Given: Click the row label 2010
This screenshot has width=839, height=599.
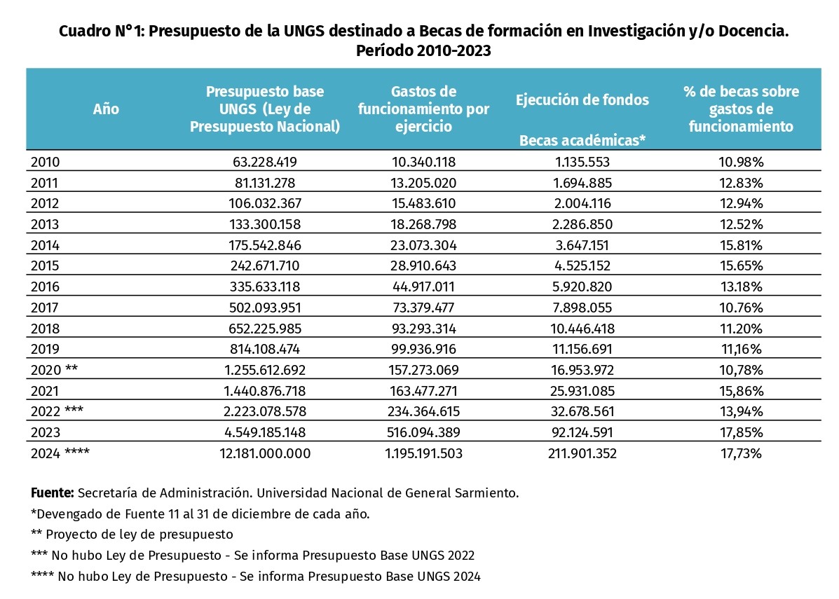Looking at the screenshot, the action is tap(45, 162).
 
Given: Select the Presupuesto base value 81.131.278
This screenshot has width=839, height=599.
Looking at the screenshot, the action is tap(265, 183).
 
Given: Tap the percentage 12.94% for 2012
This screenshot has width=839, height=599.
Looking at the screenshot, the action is tap(741, 203).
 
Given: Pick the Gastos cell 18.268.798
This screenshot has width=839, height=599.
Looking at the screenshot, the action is tap(423, 224).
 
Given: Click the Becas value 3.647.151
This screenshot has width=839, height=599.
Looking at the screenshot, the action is tap(582, 245).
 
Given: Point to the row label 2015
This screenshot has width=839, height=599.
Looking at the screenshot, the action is tap(45, 266).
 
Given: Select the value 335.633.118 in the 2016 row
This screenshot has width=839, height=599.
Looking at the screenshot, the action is tap(265, 287).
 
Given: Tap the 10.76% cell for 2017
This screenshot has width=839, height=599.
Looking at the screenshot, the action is tap(741, 308).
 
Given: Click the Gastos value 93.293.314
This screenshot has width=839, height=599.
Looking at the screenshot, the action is tap(423, 329).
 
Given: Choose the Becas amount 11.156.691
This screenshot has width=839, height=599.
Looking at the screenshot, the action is tap(582, 349).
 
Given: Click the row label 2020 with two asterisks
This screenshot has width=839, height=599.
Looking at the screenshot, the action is tap(54, 370).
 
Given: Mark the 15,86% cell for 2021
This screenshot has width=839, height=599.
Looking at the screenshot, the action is tap(741, 391).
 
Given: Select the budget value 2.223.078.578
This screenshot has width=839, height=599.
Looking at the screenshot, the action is tap(265, 411).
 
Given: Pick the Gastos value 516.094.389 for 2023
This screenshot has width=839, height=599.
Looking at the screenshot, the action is tap(423, 432).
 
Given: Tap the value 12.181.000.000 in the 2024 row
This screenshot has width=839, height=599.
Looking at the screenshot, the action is tap(265, 453).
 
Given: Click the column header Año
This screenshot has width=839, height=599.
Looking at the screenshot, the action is tap(106, 109).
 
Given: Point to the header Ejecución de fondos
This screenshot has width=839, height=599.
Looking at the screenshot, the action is tap(582, 100).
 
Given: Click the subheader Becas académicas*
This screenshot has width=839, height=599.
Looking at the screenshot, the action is tap(582, 140).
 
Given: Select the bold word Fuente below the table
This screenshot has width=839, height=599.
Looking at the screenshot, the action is tap(53, 493).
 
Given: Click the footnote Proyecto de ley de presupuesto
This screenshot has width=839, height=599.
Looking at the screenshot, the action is tap(139, 535).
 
